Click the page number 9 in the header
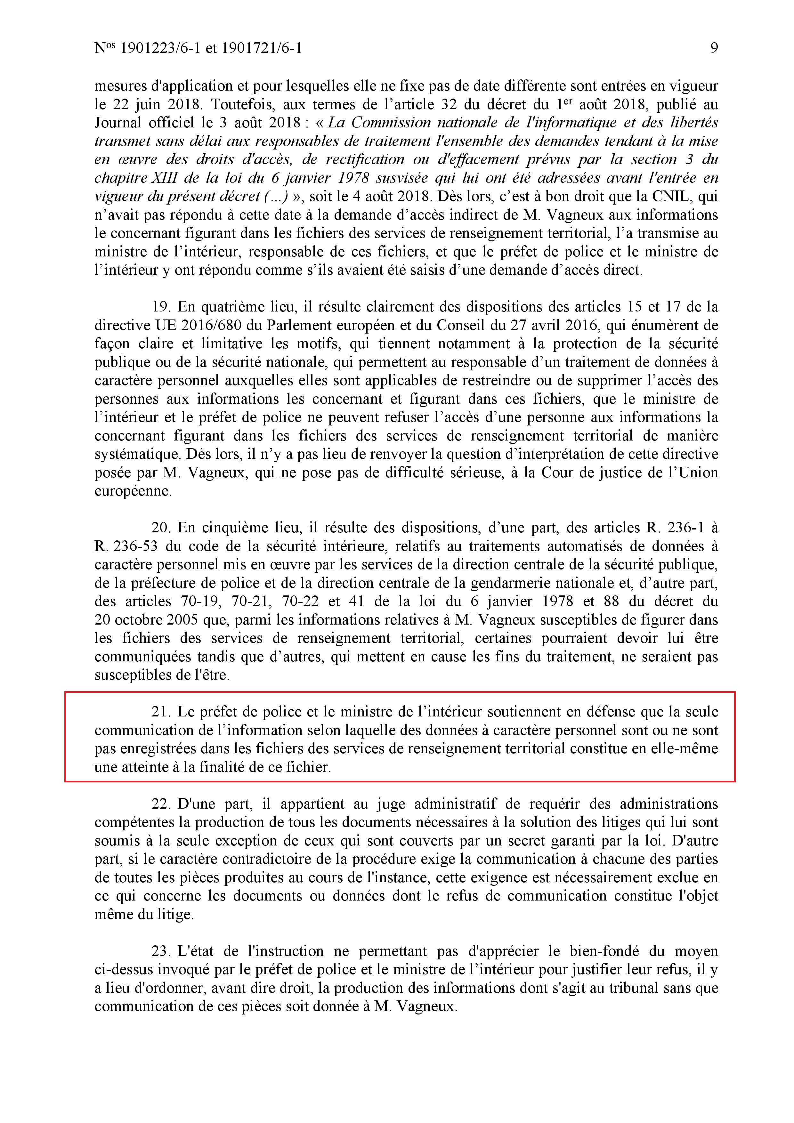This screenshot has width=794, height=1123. pos(714,48)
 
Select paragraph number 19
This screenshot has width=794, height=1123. pos(160,307)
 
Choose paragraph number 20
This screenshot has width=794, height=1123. pos(160,528)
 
